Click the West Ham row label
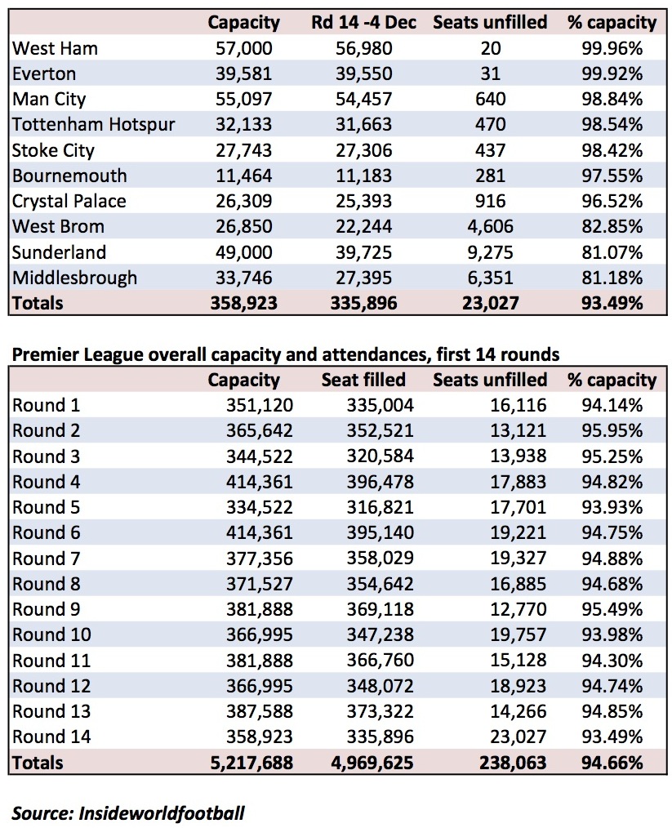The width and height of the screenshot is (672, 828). (x=55, y=48)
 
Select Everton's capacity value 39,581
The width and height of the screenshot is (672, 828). (x=243, y=74)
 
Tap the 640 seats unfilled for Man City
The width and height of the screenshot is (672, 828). (x=490, y=100)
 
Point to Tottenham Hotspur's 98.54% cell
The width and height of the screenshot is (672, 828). (x=612, y=125)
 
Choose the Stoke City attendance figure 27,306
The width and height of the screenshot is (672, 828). (x=363, y=150)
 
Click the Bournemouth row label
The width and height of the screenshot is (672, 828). (x=69, y=176)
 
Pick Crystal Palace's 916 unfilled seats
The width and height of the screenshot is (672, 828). (x=490, y=201)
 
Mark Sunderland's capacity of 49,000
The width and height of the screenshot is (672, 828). (x=243, y=252)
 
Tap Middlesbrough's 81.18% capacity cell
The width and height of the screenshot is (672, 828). (x=612, y=278)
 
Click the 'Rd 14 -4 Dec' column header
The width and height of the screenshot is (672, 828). (x=363, y=22)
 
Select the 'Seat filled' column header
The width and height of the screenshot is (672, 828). (x=363, y=380)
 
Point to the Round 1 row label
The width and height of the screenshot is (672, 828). (x=46, y=406)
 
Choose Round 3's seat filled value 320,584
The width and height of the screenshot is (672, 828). (x=380, y=456)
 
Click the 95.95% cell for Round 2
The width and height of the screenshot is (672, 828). (x=612, y=431)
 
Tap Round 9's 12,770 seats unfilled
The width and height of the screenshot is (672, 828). (x=518, y=609)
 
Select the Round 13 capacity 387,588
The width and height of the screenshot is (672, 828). (x=259, y=711)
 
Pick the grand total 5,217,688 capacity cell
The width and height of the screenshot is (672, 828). (x=251, y=763)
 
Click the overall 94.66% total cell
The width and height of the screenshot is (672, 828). (x=612, y=763)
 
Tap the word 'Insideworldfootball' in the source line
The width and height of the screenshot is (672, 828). (x=162, y=812)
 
